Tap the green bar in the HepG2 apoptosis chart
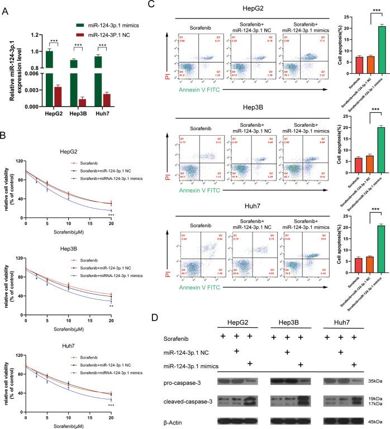click(366, 49)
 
